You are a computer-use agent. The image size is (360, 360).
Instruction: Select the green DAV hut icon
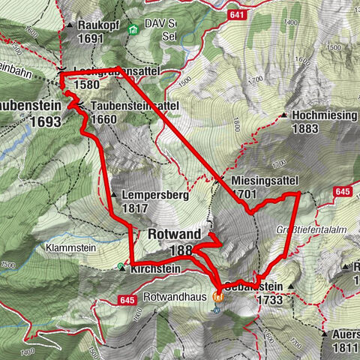(x=132, y=30)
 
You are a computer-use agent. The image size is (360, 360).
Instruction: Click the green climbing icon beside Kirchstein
(x=121, y=267)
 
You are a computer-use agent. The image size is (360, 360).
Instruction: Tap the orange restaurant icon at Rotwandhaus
(x=218, y=296)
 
